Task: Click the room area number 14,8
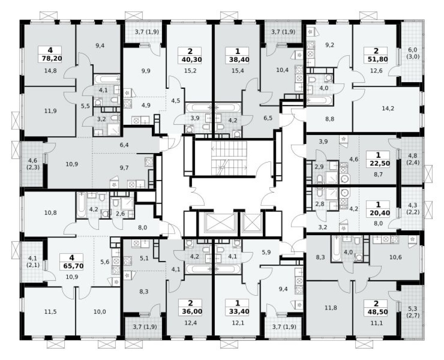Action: tap(50, 70)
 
